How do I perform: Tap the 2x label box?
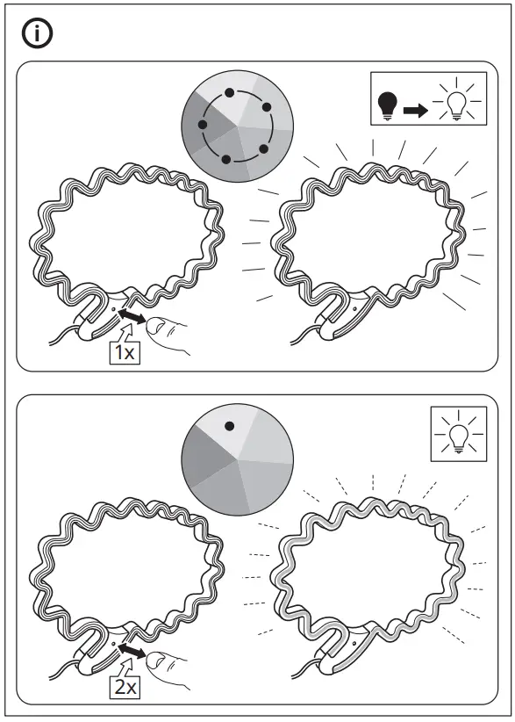(x=125, y=687)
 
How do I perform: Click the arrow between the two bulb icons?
(x=415, y=111)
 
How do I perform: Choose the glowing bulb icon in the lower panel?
(x=456, y=432)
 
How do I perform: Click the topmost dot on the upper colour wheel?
(x=229, y=92)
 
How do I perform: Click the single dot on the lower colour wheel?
(x=229, y=426)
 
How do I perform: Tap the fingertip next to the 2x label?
(x=161, y=661)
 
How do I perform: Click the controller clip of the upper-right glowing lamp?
(x=337, y=318)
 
